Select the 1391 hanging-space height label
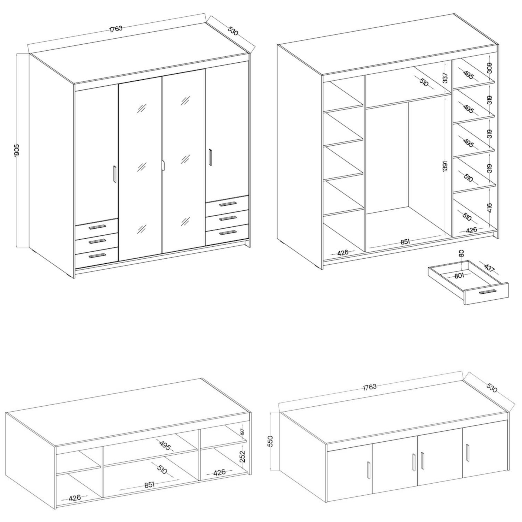(x=446, y=166)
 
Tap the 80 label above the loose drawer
(x=461, y=253)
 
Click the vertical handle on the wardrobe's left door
(x=115, y=174)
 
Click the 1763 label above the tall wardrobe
(x=116, y=29)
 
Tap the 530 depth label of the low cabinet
(x=492, y=388)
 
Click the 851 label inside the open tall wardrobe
(x=405, y=241)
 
